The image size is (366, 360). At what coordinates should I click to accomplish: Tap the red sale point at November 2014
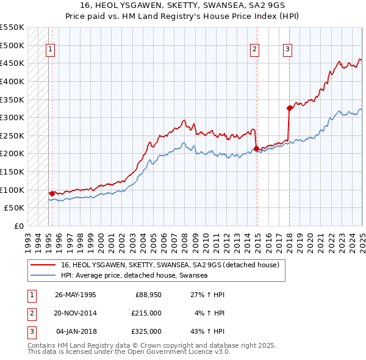[x=257, y=148]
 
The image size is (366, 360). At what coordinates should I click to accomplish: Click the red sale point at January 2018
[x=289, y=108]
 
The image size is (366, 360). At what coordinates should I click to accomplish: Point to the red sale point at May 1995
[x=52, y=193]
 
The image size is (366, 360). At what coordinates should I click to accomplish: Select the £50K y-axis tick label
[x=15, y=207]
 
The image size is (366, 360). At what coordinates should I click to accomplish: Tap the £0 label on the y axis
[x=19, y=226]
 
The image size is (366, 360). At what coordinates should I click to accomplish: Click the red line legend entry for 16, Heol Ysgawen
[x=170, y=265]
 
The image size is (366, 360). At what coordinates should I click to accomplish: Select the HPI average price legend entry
[x=134, y=276]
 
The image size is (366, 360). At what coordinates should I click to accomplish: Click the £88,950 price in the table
[x=146, y=294]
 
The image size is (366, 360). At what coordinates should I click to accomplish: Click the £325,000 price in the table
[x=146, y=331]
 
